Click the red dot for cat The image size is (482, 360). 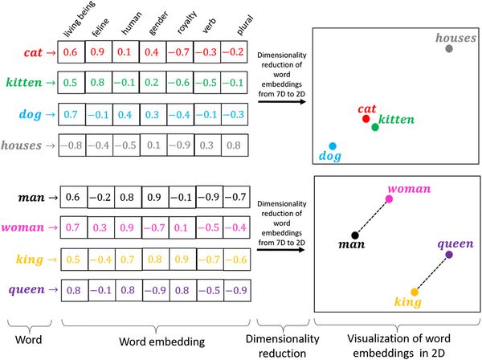click(x=366, y=119)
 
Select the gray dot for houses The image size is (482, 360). click(x=448, y=49)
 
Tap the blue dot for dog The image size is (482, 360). click(x=333, y=145)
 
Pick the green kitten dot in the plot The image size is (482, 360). click(x=375, y=127)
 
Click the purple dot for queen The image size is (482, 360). click(x=449, y=255)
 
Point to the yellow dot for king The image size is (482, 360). click(x=415, y=292)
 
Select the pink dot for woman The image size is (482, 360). click(x=389, y=198)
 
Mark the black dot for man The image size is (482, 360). click(x=354, y=235)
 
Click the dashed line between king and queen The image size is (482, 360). click(x=432, y=273)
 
